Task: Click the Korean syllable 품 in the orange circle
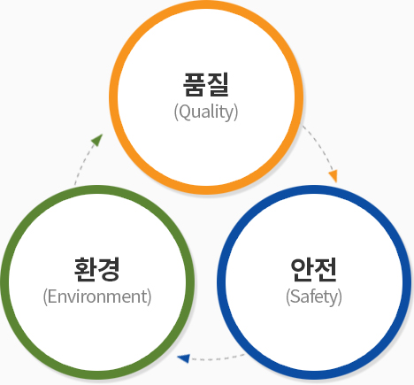point(194,84)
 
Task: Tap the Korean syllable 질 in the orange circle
point(218,84)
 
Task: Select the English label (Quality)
point(206,112)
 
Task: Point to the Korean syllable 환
point(85,269)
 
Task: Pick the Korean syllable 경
point(109,269)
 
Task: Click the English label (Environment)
point(97,296)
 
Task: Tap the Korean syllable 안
point(302,269)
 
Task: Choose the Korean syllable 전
point(326,269)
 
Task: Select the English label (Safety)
point(314,296)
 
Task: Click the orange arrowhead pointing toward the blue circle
point(333,176)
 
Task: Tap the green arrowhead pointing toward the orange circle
point(97,139)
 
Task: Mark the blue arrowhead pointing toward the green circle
point(183,358)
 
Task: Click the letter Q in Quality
point(184,112)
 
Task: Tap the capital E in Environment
point(51,296)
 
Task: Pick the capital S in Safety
point(295,296)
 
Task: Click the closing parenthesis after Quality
point(236,112)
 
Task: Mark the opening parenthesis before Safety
point(287,297)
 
